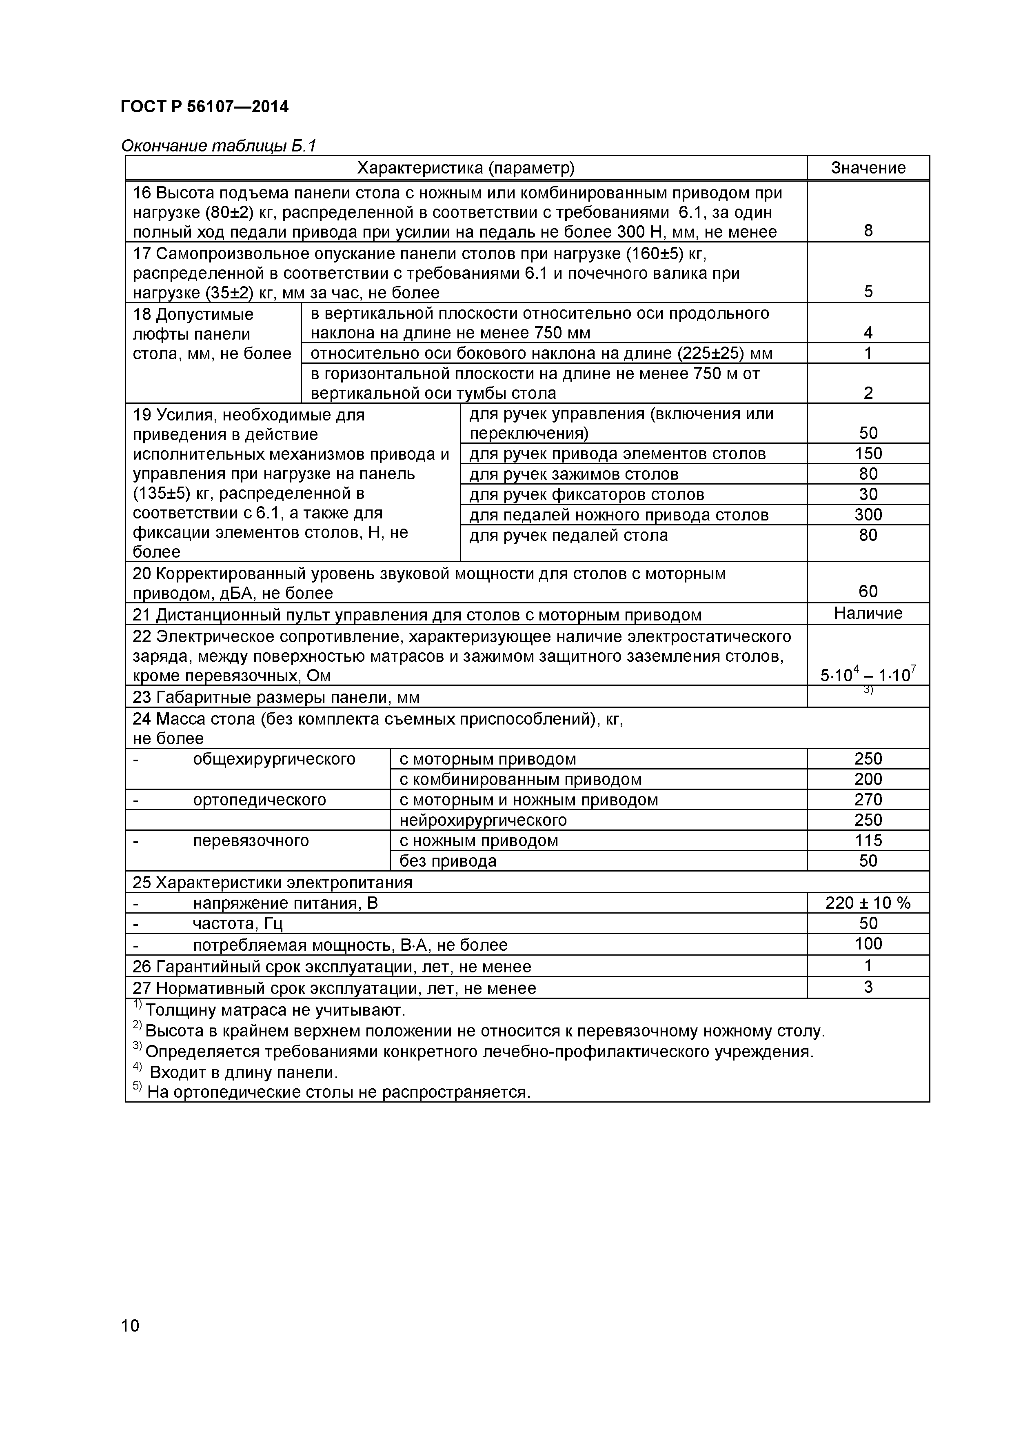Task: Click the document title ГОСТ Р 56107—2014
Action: click(x=204, y=107)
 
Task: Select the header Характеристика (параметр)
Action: click(x=465, y=168)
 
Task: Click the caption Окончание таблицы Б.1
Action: click(x=218, y=146)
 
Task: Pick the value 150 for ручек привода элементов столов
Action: click(x=868, y=454)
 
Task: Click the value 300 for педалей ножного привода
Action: click(x=868, y=514)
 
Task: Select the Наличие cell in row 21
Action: click(x=868, y=613)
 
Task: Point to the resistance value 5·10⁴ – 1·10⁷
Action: click(x=868, y=675)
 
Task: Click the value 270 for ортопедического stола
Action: click(x=868, y=800)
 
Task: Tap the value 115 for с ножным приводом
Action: click(x=868, y=840)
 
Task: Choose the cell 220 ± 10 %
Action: click(x=868, y=903)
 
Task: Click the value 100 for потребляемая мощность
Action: click(x=868, y=944)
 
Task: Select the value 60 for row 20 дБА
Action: click(x=868, y=591)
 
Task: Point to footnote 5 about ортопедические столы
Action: click(x=337, y=1092)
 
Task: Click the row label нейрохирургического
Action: click(x=483, y=820)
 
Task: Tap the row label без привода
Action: click(x=448, y=861)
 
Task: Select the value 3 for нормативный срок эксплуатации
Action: click(x=868, y=987)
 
